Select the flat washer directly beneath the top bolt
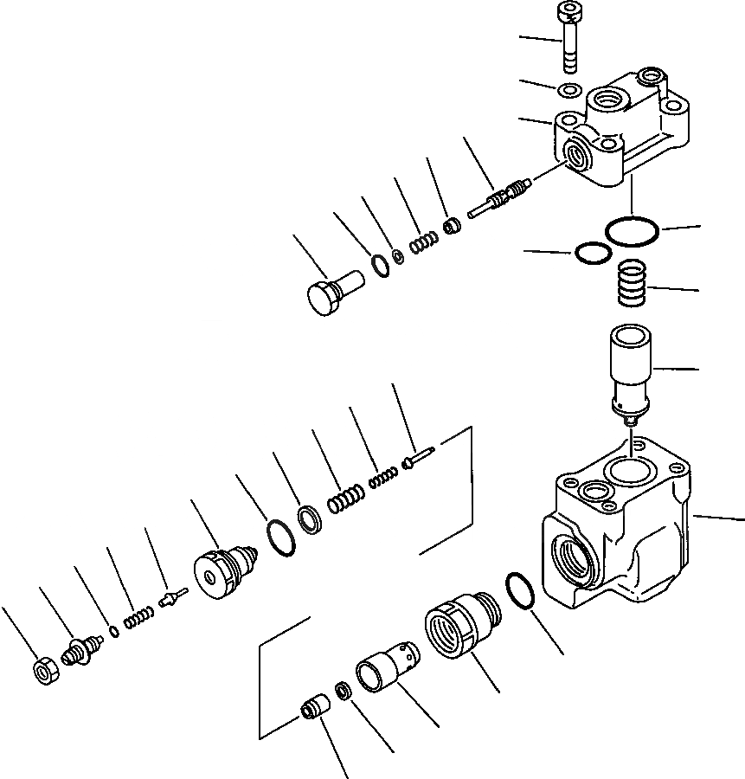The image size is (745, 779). (570, 90)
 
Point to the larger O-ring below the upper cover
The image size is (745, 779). (633, 231)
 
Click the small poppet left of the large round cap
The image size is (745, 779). (174, 598)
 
